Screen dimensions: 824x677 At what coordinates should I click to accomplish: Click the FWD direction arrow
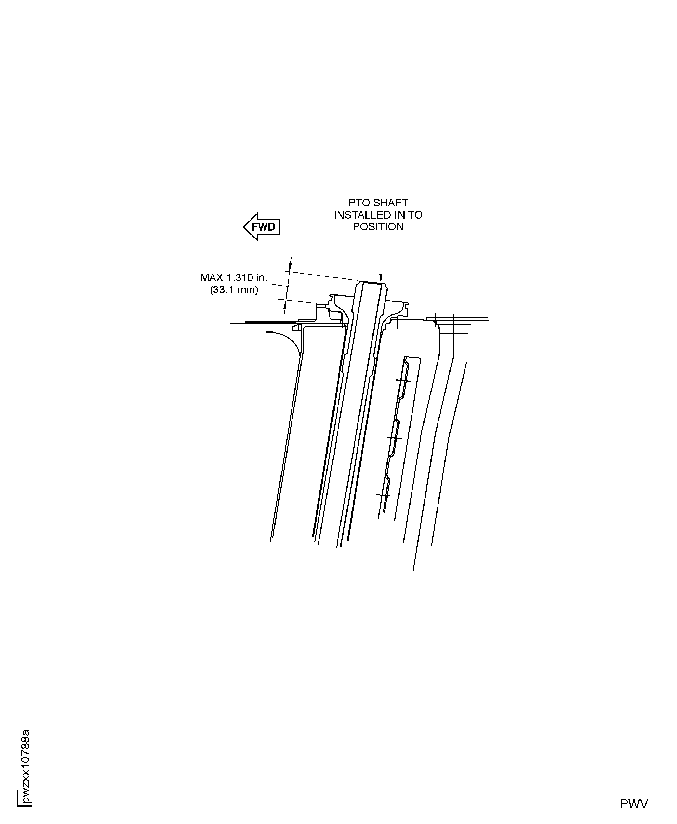[x=262, y=227]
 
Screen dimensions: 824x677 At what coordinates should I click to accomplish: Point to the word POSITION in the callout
[x=378, y=227]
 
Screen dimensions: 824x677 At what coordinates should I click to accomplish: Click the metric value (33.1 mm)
[x=234, y=290]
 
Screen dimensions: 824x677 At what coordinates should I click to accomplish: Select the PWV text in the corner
[x=634, y=801]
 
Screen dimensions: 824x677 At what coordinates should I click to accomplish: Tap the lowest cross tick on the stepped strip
[x=383, y=496]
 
